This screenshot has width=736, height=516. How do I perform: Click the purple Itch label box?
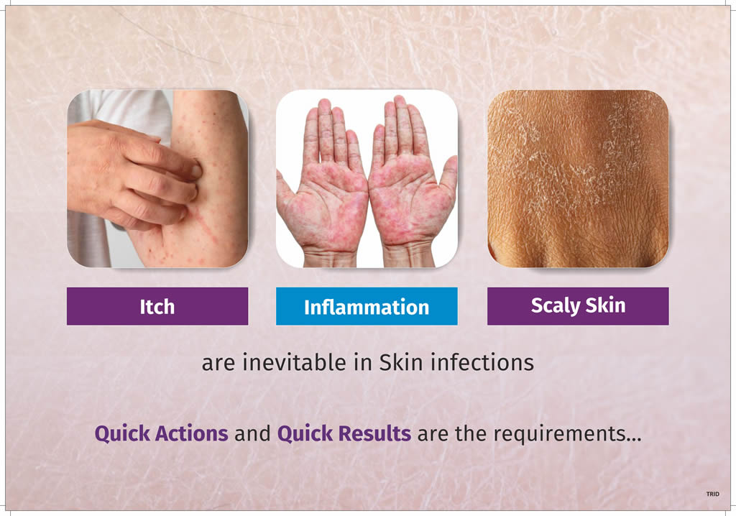coord(157,306)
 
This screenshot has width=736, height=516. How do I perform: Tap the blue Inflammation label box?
coord(367,306)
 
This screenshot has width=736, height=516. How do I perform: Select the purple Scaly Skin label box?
coord(578,306)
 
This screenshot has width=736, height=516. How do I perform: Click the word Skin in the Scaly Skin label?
coord(605,305)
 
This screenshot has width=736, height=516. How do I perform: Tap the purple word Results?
coord(374,433)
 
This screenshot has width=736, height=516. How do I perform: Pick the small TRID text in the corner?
coord(712,494)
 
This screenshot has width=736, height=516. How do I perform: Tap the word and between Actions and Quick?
coord(252,433)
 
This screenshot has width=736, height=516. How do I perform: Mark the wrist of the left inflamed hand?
coord(328,256)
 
